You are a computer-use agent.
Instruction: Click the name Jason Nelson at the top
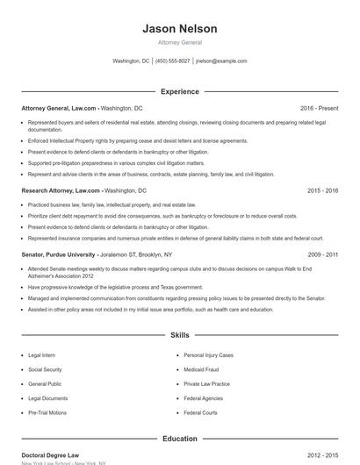click(x=180, y=29)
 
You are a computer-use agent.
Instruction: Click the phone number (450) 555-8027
click(x=173, y=61)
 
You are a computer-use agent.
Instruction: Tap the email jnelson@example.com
click(x=221, y=61)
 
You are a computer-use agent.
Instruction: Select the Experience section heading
click(x=180, y=91)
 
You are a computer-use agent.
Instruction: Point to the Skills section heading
click(x=180, y=335)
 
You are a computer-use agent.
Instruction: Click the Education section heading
click(x=180, y=438)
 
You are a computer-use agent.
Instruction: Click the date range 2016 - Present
click(x=319, y=108)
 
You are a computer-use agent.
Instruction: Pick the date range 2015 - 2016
click(x=323, y=190)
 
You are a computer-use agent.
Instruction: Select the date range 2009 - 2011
click(x=323, y=254)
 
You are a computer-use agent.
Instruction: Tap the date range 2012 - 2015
click(x=323, y=456)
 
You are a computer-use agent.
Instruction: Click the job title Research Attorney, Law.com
click(x=61, y=190)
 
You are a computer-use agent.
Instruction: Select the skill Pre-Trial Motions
click(x=47, y=412)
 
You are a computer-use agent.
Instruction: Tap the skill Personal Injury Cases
click(x=209, y=355)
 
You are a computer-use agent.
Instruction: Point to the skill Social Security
click(x=46, y=369)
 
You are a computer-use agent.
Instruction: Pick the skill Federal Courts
click(x=201, y=412)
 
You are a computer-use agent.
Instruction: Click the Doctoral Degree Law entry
click(x=50, y=456)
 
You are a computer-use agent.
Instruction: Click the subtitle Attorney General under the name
click(x=180, y=42)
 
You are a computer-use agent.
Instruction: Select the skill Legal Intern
click(x=42, y=355)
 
